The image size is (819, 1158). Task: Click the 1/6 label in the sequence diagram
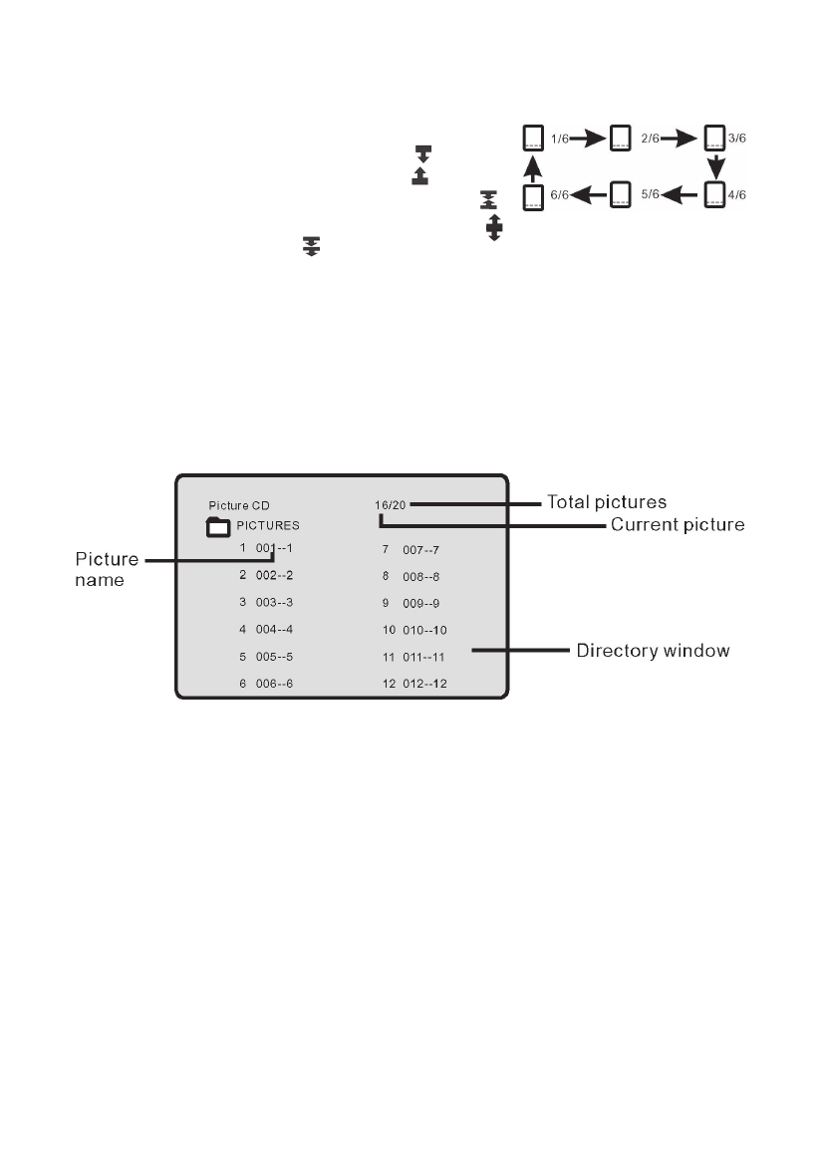click(561, 138)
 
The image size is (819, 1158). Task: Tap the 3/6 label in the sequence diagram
click(738, 138)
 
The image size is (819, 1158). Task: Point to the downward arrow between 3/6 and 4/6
click(714, 164)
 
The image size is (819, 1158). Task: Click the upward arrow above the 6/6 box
click(533, 164)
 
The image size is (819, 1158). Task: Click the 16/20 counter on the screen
click(391, 505)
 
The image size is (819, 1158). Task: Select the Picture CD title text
click(239, 505)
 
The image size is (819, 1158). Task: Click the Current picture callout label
click(678, 524)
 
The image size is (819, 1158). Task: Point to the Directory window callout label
click(654, 651)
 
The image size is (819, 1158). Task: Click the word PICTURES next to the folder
click(268, 525)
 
